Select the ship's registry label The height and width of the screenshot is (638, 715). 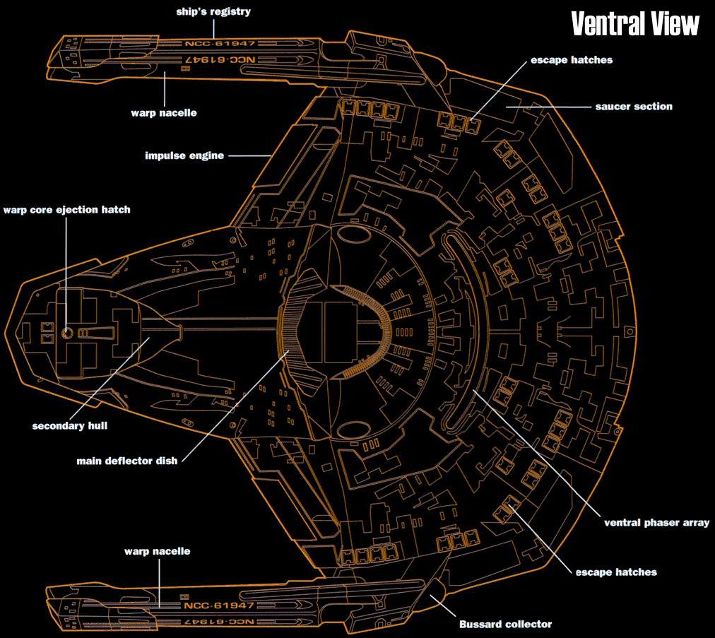pyautogui.click(x=213, y=12)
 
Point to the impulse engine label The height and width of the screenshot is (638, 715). pyautogui.click(x=184, y=155)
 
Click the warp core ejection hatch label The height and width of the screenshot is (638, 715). pyautogui.click(x=67, y=210)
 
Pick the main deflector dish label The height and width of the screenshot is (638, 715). pyautogui.click(x=126, y=461)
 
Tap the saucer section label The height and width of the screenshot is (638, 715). pyautogui.click(x=634, y=107)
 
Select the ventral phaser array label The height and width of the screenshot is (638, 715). pyautogui.click(x=656, y=523)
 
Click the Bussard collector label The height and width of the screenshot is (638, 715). pyautogui.click(x=505, y=624)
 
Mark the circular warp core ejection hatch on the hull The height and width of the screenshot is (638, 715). pyautogui.click(x=68, y=332)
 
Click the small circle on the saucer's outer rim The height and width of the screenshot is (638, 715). pyautogui.click(x=618, y=430)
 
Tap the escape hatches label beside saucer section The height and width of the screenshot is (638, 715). pyautogui.click(x=572, y=60)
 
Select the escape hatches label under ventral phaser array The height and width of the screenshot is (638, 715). pyautogui.click(x=616, y=572)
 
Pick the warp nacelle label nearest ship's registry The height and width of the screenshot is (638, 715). pyautogui.click(x=164, y=112)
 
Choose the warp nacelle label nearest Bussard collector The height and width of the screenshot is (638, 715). pyautogui.click(x=157, y=551)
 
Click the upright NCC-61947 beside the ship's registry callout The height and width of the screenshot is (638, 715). pyautogui.click(x=220, y=43)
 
